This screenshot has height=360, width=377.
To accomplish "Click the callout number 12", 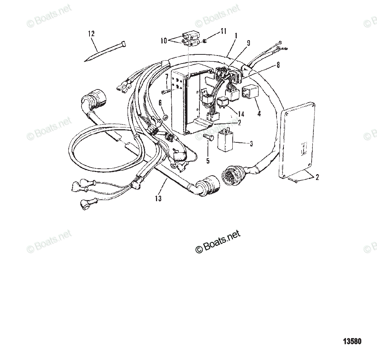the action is pos(91,34).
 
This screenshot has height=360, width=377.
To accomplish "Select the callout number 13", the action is pos(158,199).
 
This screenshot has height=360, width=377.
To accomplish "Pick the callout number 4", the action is pos(259,114).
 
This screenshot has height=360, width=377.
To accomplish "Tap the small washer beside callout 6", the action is pos(165,118).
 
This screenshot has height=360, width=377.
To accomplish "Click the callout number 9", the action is pos(248,43).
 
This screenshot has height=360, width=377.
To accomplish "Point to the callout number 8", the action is pos(278,65).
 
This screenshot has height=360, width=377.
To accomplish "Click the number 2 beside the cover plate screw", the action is pos(317,177).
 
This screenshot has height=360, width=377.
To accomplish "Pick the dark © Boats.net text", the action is pos(218,242).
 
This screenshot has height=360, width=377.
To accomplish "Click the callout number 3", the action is pos(251,143).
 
